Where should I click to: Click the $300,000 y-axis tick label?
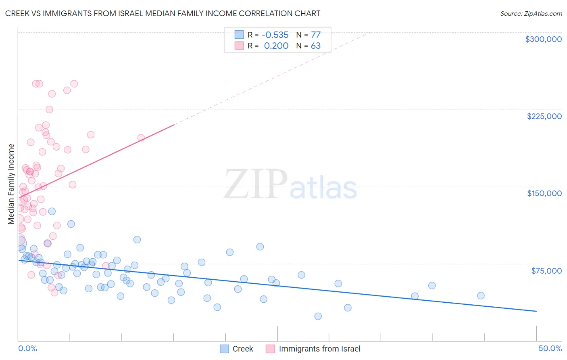[543, 39]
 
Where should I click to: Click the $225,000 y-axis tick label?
[544, 116]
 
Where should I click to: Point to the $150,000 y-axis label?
[544, 193]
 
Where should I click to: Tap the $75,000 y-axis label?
[546, 271]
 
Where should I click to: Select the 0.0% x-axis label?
[27, 348]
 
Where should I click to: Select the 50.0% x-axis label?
[550, 348]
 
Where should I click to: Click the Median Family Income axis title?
[11, 184]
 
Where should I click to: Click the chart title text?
[163, 13]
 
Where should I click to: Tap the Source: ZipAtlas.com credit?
[531, 14]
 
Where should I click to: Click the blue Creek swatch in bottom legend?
[225, 349]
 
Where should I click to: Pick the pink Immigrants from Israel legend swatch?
[270, 349]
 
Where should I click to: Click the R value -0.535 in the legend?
[275, 35]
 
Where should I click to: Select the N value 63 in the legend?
[315, 46]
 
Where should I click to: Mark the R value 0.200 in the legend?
[276, 46]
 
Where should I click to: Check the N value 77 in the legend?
[315, 35]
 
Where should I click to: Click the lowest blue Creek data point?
[318, 316]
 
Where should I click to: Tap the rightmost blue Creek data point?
[481, 296]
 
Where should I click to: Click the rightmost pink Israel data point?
[141, 138]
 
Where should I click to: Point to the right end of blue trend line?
[536, 311]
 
